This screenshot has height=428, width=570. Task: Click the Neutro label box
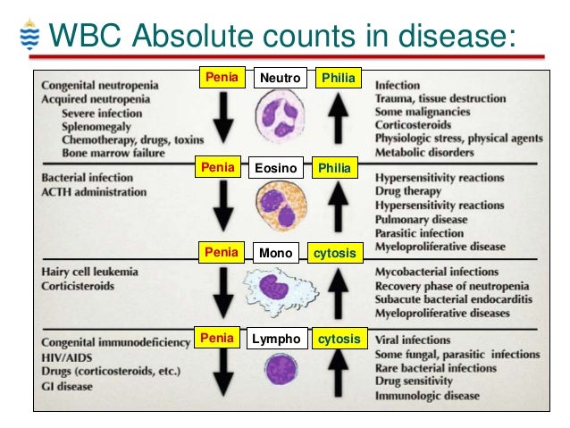[x=281, y=79]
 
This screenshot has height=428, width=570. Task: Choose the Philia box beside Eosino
[x=339, y=167]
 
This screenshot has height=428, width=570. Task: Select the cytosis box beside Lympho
[x=339, y=340]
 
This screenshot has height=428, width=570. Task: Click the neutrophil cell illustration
[x=280, y=115]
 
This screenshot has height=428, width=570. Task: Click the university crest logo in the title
[x=28, y=36]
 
